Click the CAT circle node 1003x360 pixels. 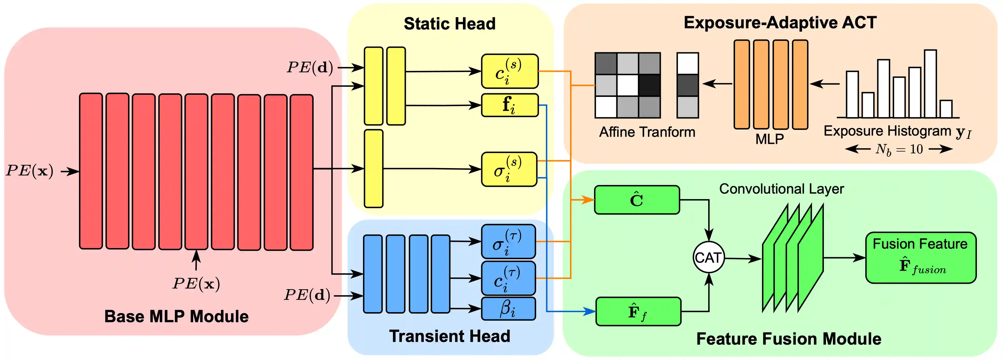[709, 258]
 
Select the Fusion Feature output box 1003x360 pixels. [920, 258]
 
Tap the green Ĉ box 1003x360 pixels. [637, 200]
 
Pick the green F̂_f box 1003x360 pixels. [638, 311]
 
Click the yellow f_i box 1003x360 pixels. [510, 105]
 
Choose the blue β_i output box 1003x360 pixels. [508, 309]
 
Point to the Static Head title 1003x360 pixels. [449, 24]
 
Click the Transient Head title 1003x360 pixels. [449, 336]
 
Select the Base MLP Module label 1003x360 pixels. [176, 316]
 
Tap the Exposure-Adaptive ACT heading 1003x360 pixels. [780, 22]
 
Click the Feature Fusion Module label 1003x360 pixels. [789, 338]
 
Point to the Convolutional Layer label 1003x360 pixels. [781, 189]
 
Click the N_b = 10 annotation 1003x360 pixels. [899, 149]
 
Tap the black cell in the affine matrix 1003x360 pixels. [649, 85]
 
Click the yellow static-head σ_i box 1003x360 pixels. [509, 169]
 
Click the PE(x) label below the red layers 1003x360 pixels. [196, 284]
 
